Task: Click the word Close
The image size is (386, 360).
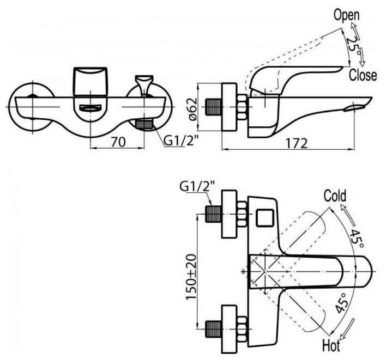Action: point(363,75)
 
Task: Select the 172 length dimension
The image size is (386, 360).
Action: point(296,143)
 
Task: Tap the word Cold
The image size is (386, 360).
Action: point(335,196)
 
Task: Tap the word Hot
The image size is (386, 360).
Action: point(331,345)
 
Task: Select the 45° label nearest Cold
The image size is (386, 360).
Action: point(355,235)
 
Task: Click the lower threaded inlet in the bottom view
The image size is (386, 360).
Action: point(213,328)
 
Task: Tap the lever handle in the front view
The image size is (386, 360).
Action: point(90,82)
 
